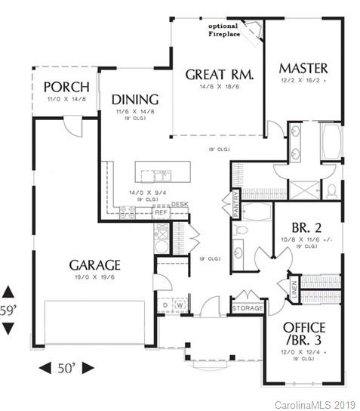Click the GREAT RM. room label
219,75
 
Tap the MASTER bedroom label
302,68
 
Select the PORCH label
66,86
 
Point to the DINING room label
134,100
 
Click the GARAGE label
95,265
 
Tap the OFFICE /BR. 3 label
303,334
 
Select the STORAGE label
247,308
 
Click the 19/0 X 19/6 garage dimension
95,277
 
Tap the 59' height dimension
8,310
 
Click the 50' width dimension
66,368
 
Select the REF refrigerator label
161,213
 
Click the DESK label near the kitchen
179,204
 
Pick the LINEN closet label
294,288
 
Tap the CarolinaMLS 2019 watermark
318,404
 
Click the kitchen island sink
162,176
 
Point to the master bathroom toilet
331,188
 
